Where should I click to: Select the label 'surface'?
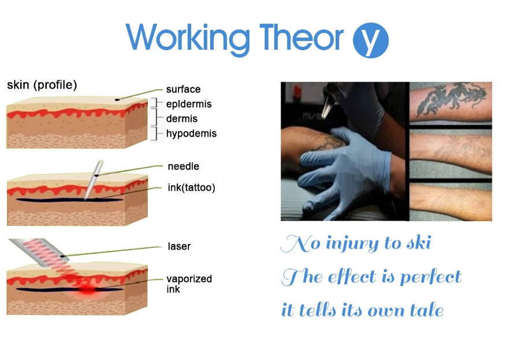pyautogui.click(x=183, y=89)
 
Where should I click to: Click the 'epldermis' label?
pyautogui.click(x=189, y=104)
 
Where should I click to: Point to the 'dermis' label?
pyautogui.click(x=181, y=118)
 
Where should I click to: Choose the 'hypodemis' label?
pyautogui.click(x=191, y=133)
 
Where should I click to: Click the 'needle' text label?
pyautogui.click(x=184, y=166)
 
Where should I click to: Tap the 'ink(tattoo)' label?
pyautogui.click(x=192, y=187)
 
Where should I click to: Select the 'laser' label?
pyautogui.click(x=179, y=246)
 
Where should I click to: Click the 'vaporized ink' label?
pyautogui.click(x=189, y=284)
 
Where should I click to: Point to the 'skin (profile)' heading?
pyautogui.click(x=42, y=85)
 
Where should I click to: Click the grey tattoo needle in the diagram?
pyautogui.click(x=94, y=179)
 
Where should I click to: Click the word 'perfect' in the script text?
pyautogui.click(x=431, y=277)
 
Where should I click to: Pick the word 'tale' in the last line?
pyautogui.click(x=427, y=310)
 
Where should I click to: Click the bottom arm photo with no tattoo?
pyautogui.click(x=451, y=202)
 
